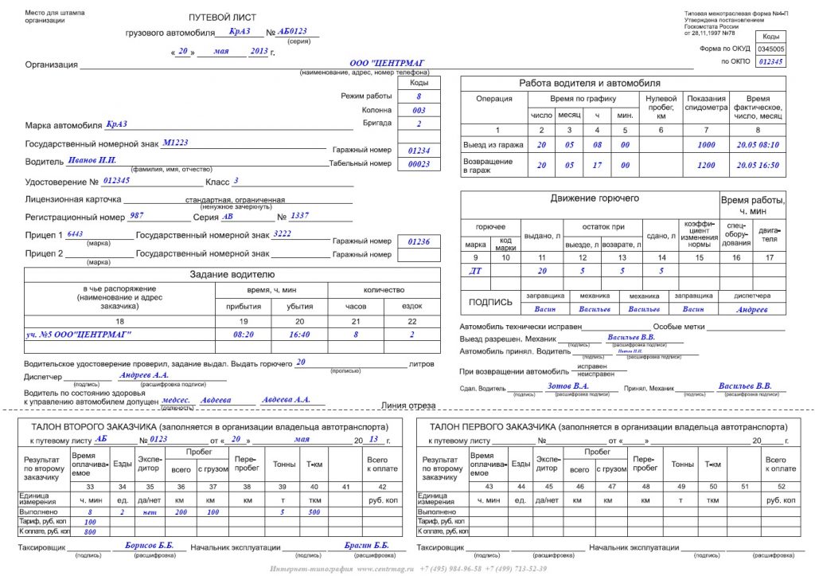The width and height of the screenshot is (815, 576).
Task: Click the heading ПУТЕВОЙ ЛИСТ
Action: click(222, 18)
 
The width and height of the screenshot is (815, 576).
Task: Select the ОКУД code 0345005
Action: click(770, 49)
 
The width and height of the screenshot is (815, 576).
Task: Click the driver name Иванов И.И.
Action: click(92, 161)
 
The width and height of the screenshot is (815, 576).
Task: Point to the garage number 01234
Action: click(419, 150)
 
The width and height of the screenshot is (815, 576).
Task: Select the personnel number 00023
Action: click(419, 164)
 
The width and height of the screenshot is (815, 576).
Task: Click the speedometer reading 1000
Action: click(707, 145)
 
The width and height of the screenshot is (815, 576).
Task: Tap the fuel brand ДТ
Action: click(476, 271)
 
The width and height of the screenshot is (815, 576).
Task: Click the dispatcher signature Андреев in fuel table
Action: click(752, 309)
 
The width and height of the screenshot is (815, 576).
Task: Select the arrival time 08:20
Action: click(243, 335)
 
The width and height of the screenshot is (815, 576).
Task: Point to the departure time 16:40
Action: click(299, 335)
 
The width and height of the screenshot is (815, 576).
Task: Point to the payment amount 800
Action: click(90, 531)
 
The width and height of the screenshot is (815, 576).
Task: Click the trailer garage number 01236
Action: click(419, 241)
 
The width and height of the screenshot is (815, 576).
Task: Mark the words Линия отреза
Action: click(408, 406)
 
